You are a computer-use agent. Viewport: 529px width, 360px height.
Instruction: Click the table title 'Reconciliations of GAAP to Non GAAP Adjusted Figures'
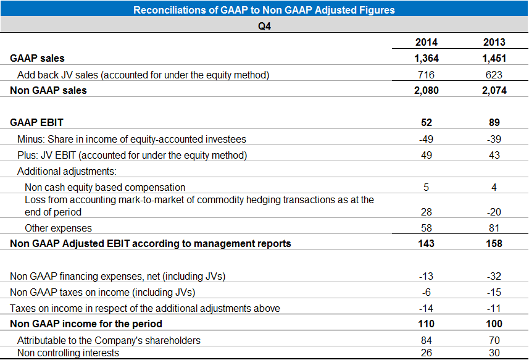[x=264, y=10]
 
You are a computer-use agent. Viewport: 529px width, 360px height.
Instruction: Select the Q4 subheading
[x=264, y=26]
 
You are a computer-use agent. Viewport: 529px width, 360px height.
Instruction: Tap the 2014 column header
[x=426, y=43]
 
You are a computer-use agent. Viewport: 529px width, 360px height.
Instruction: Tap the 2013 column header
[x=494, y=43]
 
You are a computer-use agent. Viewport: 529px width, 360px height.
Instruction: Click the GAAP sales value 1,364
[x=426, y=59]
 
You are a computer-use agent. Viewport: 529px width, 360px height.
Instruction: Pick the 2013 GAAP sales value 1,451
[x=494, y=59]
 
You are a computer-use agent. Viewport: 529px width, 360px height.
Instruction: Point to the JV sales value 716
[x=426, y=75]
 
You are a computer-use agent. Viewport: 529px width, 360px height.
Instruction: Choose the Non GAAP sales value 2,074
[x=494, y=90]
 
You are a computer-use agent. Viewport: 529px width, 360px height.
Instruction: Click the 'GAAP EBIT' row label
[x=36, y=123]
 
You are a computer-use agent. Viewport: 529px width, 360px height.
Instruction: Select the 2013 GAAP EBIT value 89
[x=494, y=123]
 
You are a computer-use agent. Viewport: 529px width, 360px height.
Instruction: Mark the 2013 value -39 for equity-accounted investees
[x=494, y=139]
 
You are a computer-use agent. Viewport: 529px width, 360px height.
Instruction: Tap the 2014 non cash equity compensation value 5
[x=426, y=187]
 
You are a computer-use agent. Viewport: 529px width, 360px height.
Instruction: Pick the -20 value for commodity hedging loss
[x=494, y=212]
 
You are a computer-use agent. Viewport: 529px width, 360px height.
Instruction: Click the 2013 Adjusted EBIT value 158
[x=494, y=243]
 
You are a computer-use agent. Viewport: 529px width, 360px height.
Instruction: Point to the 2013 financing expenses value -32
[x=494, y=276]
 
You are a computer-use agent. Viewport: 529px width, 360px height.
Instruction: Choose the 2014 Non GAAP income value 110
[x=426, y=324]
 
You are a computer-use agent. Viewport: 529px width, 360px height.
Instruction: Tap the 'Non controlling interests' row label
[x=68, y=353]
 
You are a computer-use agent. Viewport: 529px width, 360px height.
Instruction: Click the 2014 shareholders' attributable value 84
[x=426, y=340]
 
